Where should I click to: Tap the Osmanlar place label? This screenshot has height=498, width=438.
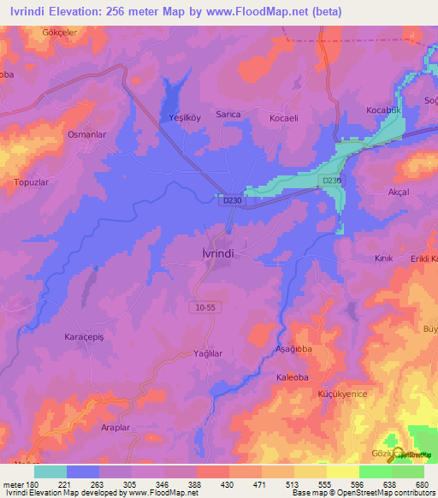click(x=86, y=135)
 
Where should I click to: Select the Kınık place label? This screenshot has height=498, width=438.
click(x=383, y=258)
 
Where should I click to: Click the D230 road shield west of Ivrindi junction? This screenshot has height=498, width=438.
click(x=227, y=199)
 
